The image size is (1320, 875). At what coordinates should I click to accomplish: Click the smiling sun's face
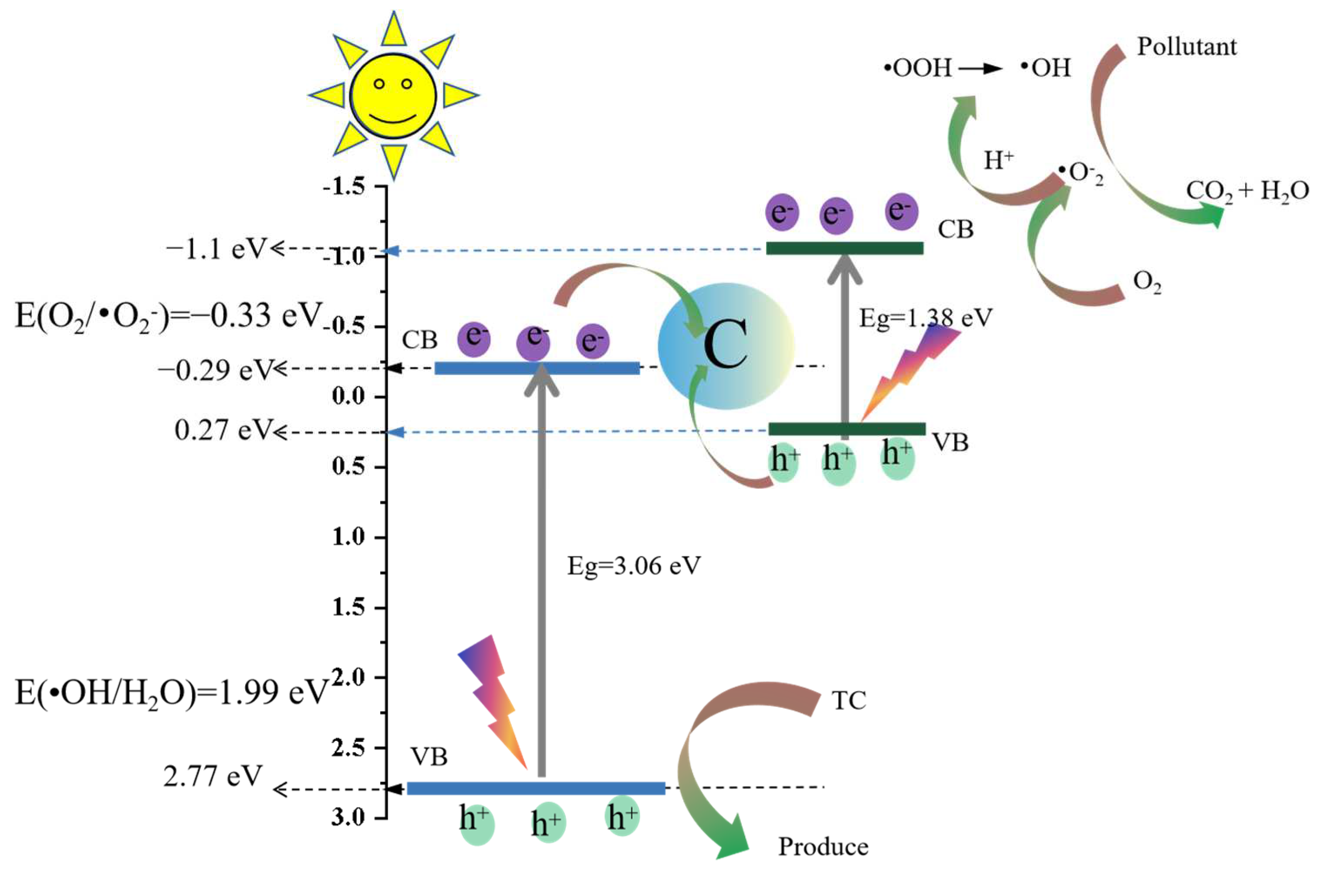[393, 96]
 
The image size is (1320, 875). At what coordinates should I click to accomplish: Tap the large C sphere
[726, 346]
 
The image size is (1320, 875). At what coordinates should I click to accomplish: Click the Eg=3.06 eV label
[634, 566]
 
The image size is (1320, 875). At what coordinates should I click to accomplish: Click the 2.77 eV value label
[213, 776]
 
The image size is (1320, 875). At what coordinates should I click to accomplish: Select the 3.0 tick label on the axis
[348, 818]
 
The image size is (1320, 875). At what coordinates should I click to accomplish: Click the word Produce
[823, 847]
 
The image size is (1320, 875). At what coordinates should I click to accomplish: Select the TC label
[848, 701]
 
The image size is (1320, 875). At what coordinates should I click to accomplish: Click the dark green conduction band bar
[844, 248]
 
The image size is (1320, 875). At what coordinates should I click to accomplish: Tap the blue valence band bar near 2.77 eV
[536, 788]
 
